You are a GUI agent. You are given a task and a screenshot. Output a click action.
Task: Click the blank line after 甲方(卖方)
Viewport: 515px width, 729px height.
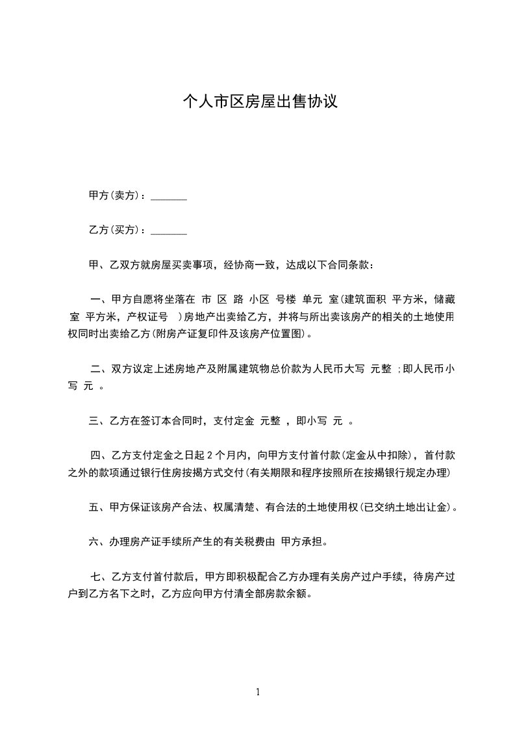point(169,197)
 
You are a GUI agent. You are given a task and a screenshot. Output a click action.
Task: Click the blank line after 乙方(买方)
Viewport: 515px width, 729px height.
point(169,231)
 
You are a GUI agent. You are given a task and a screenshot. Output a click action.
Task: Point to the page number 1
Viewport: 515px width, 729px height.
point(258,692)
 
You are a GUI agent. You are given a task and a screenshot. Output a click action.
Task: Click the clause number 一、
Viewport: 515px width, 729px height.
point(100,300)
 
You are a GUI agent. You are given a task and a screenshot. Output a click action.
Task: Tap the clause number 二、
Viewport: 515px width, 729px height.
point(100,369)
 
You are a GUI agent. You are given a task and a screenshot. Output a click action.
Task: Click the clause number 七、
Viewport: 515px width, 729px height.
point(100,576)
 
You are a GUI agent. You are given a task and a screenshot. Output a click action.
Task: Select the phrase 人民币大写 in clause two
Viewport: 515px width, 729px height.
point(339,369)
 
